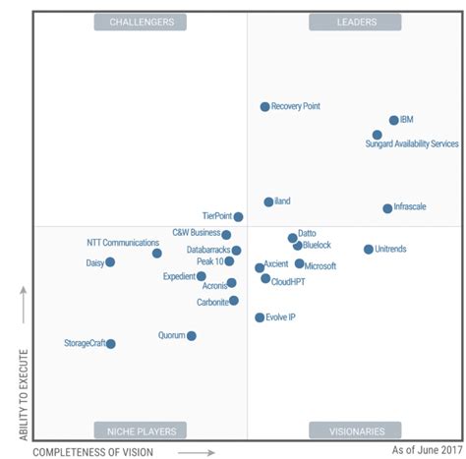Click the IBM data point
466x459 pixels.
click(394, 120)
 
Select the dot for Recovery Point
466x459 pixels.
click(264, 106)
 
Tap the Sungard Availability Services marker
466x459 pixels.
click(378, 135)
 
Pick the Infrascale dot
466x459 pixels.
click(387, 208)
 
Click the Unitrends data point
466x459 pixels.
click(369, 250)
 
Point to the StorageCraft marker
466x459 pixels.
click(111, 344)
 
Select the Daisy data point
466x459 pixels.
click(110, 262)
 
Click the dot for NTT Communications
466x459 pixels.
click(156, 254)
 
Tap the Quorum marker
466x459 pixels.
click(192, 336)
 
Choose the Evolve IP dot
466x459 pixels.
click(260, 317)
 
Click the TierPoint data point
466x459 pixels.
click(238, 217)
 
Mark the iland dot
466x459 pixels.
click(268, 201)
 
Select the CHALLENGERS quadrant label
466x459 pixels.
click(142, 22)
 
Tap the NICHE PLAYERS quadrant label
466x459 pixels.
click(142, 430)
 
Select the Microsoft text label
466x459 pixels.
click(320, 266)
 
